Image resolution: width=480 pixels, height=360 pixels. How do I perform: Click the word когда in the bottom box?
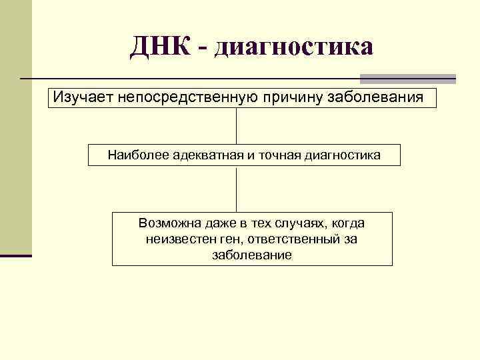(347, 223)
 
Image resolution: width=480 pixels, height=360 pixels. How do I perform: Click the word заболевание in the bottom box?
(252, 255)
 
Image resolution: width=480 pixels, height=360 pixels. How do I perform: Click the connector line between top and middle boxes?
(237, 125)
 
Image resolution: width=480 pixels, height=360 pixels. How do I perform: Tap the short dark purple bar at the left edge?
(16, 255)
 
